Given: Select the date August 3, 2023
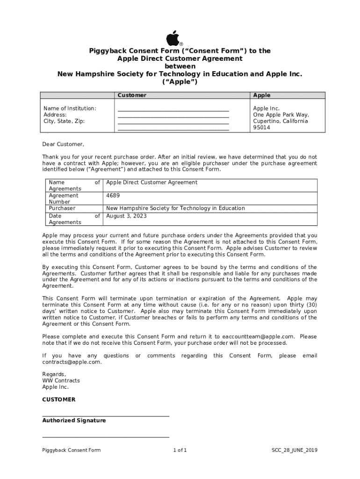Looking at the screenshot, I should [126, 216].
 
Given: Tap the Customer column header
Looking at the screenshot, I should [131, 95].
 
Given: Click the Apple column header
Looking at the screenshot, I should [261, 95].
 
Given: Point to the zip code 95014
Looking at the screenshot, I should [261, 128].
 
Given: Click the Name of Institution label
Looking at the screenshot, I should [70, 108].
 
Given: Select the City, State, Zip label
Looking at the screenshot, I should [64, 121].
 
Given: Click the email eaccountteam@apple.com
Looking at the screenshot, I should [259, 336].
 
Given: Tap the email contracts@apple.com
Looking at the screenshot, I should [72, 362].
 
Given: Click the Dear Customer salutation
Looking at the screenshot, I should [63, 144].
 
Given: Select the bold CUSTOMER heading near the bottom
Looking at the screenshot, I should [58, 399].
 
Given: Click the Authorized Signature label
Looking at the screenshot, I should [74, 421].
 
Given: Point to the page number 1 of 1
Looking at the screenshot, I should [180, 450].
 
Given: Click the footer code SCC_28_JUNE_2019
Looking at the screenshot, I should [295, 450].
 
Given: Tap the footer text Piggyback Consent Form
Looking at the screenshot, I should [71, 450].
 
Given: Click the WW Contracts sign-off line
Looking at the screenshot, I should [61, 380].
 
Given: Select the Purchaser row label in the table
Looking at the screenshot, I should [62, 208].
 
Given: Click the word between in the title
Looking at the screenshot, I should [180, 66].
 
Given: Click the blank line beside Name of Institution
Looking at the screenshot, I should [173, 109].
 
